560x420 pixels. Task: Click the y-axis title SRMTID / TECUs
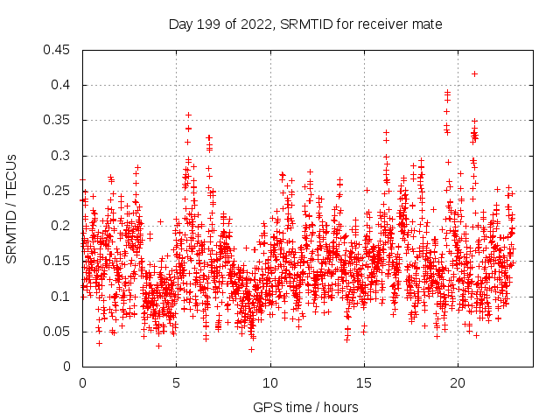11,208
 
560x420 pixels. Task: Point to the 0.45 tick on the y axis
59,50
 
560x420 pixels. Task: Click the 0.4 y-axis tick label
63,85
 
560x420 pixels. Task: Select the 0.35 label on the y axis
59,120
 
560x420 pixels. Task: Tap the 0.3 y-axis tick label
63,156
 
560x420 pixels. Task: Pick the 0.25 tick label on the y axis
59,191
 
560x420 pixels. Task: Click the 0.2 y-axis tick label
63,226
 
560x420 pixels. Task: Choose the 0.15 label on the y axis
59,261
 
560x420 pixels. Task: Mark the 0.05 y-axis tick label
59,332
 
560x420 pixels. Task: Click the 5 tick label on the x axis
176,381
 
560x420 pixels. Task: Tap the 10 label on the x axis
270,381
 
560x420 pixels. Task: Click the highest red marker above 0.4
474,73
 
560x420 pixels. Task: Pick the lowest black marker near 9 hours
251,349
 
